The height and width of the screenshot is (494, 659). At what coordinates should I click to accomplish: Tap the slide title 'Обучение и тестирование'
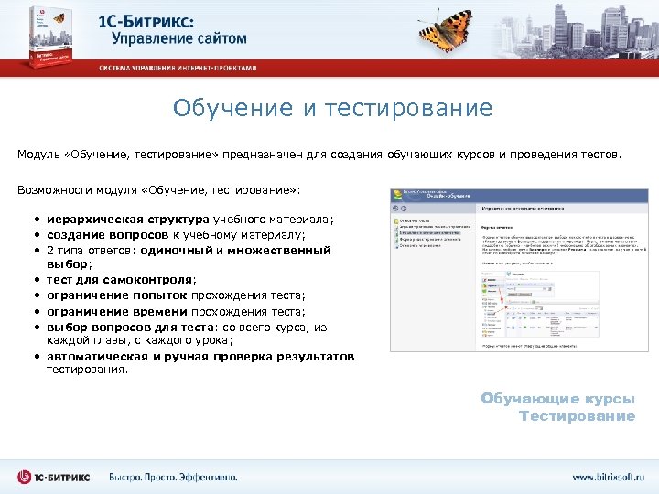[x=332, y=109]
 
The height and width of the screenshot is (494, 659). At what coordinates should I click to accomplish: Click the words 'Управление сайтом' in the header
[x=179, y=38]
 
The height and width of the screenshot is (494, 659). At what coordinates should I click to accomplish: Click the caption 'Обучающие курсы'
[x=557, y=399]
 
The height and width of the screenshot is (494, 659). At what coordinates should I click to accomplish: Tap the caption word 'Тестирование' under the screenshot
[x=577, y=416]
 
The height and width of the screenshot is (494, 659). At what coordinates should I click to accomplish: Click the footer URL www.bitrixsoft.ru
[x=609, y=476]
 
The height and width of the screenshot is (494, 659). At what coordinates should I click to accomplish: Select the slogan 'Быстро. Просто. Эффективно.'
[x=173, y=476]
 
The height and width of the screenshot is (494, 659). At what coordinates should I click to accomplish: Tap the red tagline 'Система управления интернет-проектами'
[x=178, y=68]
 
